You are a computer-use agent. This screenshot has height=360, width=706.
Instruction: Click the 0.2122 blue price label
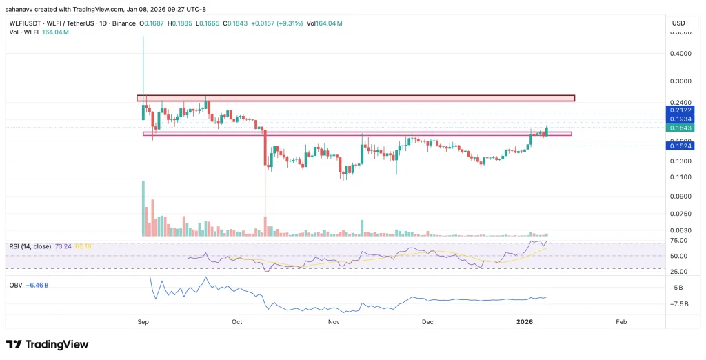pyautogui.click(x=678, y=110)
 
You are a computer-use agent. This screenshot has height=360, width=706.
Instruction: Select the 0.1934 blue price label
pyautogui.click(x=678, y=119)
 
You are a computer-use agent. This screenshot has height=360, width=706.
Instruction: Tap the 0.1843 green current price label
pyautogui.click(x=678, y=128)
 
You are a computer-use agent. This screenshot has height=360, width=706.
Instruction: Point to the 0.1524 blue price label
pyautogui.click(x=678, y=146)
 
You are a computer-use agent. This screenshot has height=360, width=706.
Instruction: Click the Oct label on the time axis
pyautogui.click(x=237, y=321)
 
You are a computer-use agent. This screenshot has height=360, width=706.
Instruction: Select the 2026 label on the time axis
pyautogui.click(x=526, y=321)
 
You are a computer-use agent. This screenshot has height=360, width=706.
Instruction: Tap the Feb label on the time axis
pyautogui.click(x=621, y=321)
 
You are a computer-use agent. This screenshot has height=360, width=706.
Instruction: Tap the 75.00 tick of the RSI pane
pyautogui.click(x=680, y=241)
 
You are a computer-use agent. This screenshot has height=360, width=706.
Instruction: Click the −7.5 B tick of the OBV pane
pyautogui.click(x=678, y=303)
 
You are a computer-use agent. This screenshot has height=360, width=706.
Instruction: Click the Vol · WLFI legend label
pyautogui.click(x=26, y=32)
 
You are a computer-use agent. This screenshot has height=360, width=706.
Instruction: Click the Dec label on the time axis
pyautogui.click(x=427, y=321)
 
